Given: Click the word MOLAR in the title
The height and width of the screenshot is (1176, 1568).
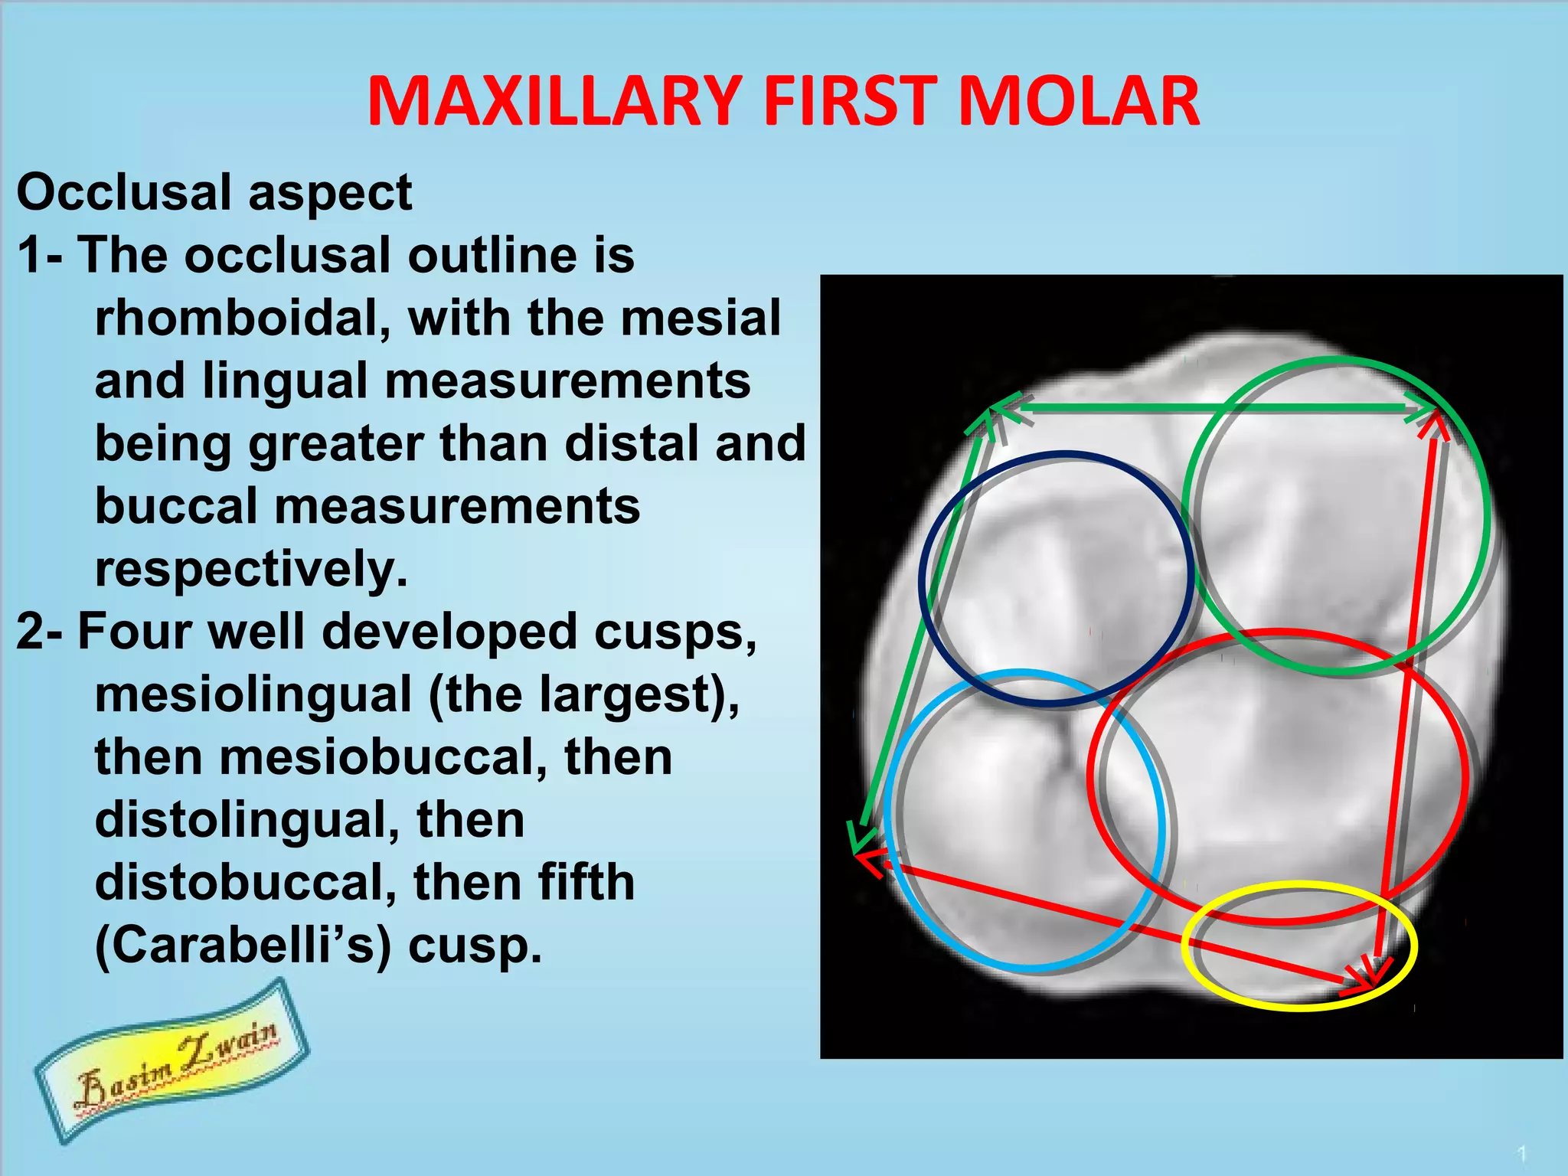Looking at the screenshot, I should click(1078, 102).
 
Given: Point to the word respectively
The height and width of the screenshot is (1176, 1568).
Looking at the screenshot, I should click(251, 570).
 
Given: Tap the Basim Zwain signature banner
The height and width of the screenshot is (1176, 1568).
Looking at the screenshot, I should click(172, 1060).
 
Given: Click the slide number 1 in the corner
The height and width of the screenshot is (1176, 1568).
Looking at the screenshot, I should click(1522, 1153).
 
